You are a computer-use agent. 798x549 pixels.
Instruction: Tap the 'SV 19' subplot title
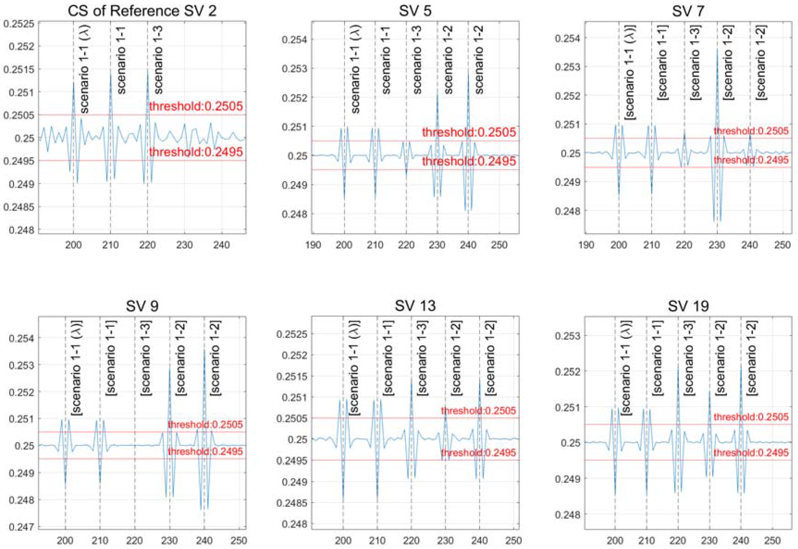[688, 305]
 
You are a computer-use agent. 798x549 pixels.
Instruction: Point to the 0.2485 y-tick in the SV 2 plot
[19, 207]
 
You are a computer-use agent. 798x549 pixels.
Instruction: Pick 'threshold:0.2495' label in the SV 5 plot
[469, 161]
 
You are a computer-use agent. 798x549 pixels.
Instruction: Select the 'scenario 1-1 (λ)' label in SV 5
[355, 69]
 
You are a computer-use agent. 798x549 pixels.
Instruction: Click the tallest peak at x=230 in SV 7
[717, 49]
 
